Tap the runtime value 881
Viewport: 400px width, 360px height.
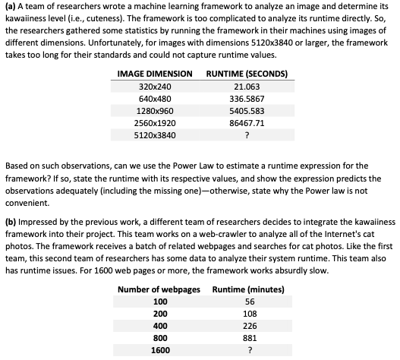[x=248, y=339]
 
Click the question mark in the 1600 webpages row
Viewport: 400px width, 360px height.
[x=248, y=351]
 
